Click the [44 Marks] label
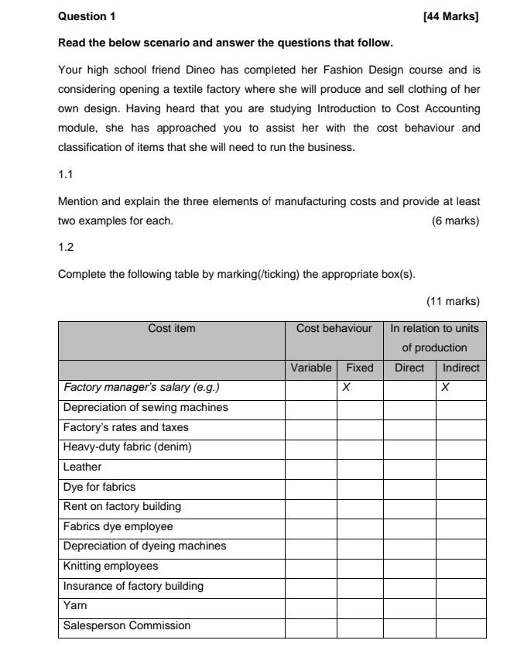(x=452, y=16)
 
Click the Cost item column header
(x=171, y=328)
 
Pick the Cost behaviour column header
(x=334, y=328)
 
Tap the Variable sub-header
(x=310, y=368)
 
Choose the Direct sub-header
(x=409, y=368)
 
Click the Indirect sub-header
(x=461, y=368)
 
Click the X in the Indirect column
(x=444, y=388)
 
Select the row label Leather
(x=82, y=467)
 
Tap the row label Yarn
(x=74, y=606)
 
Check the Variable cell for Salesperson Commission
(x=310, y=626)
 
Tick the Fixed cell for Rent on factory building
(x=359, y=507)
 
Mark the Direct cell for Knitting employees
(x=409, y=567)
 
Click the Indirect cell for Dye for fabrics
(x=461, y=487)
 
